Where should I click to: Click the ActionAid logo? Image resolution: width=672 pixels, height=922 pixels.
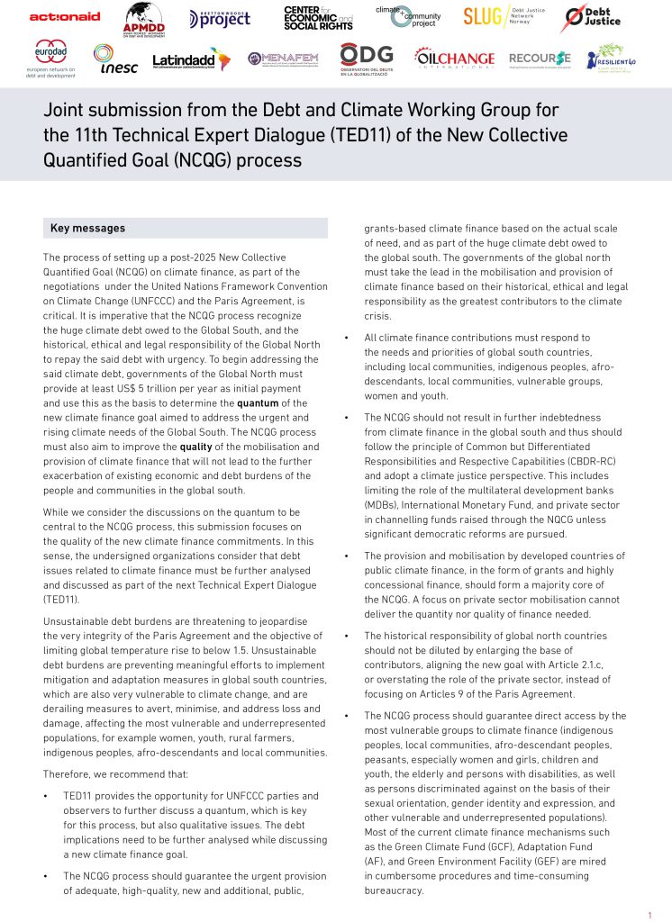(x=65, y=17)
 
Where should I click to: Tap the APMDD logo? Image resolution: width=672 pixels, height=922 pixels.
(x=144, y=18)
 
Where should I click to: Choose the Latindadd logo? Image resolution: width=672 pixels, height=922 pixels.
(x=191, y=59)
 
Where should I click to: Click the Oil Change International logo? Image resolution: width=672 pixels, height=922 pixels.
(x=454, y=59)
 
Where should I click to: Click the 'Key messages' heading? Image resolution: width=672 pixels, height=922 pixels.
(x=87, y=229)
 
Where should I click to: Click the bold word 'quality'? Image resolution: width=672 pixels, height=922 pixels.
(x=195, y=447)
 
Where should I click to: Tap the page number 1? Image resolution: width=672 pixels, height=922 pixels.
(x=649, y=915)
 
